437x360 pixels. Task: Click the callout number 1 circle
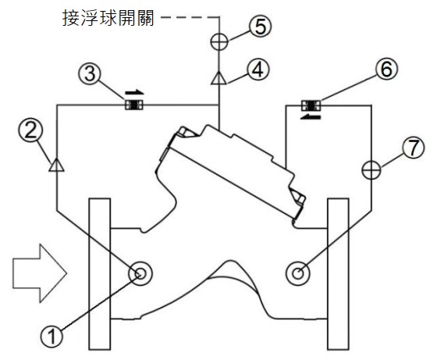[x=52, y=337]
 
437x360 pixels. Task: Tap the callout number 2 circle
[x=30, y=130]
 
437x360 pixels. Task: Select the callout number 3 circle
[x=90, y=74]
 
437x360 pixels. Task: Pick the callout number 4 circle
[x=258, y=70]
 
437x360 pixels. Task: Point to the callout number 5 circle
[x=260, y=27]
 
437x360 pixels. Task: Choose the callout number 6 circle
[x=386, y=69]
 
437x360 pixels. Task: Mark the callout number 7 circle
[x=413, y=148]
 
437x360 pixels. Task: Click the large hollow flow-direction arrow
[x=40, y=273]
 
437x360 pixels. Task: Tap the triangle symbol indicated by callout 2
[x=56, y=165]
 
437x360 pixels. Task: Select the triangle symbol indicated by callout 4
[x=218, y=78]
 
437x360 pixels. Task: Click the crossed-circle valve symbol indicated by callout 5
[x=219, y=41]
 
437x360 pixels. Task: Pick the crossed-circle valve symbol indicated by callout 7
[x=371, y=169]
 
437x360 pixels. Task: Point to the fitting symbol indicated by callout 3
[x=134, y=105]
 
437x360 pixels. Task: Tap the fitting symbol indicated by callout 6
[x=311, y=105]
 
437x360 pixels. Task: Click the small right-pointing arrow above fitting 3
[x=134, y=93]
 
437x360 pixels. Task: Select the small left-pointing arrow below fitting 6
[x=311, y=116]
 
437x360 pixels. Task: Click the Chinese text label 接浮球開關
[x=108, y=17]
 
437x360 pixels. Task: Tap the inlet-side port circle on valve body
[x=140, y=273]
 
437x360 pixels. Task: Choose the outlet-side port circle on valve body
[x=298, y=273]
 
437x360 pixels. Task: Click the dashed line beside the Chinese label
[x=190, y=17]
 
